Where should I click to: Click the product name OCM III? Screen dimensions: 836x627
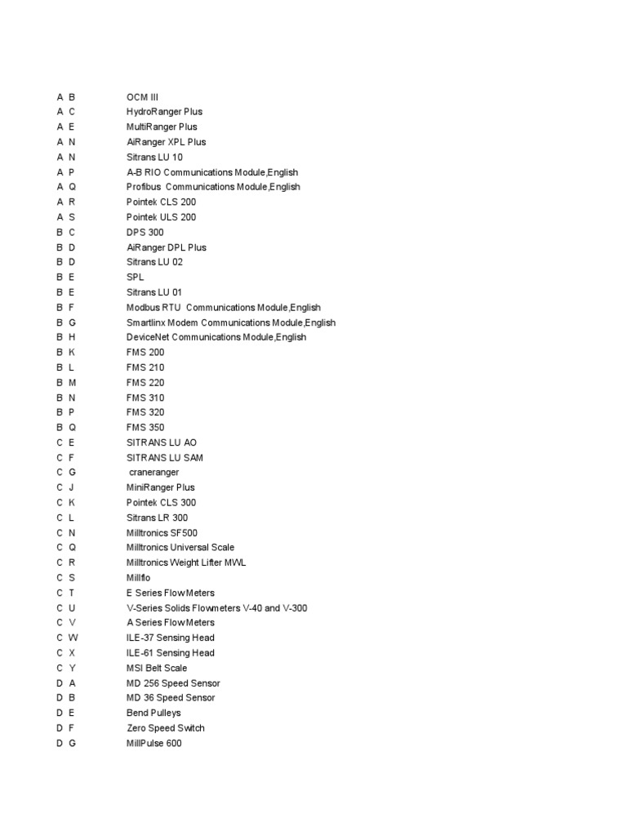[142, 97]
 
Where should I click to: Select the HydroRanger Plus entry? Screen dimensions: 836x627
[164, 112]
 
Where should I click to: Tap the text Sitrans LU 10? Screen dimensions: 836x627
[154, 157]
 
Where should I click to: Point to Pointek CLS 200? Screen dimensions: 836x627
[161, 202]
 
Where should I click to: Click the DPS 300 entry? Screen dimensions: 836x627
[145, 233]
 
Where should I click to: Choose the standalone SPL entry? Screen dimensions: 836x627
[135, 278]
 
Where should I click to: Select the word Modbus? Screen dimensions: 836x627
[141, 308]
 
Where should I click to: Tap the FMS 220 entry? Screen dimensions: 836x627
[145, 382]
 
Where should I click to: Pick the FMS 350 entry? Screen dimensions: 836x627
[145, 427]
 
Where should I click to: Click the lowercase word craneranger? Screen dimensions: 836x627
[154, 473]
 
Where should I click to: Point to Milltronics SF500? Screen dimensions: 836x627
[162, 532]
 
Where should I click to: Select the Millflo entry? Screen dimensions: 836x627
[139, 578]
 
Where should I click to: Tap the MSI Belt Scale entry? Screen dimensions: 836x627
[157, 668]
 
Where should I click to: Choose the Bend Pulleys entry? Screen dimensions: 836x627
[154, 713]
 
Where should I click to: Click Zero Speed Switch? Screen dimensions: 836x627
[166, 728]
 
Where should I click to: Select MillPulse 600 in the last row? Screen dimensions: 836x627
[154, 743]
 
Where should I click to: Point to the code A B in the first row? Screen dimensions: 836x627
[66, 97]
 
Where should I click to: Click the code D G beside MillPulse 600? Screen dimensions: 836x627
[66, 743]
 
